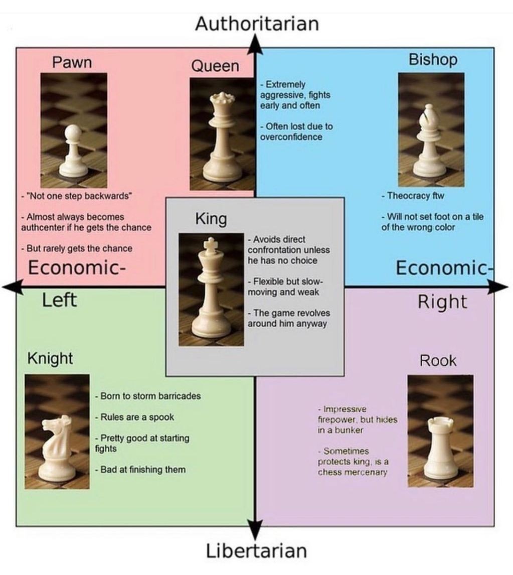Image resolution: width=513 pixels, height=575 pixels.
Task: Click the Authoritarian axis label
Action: [256, 24]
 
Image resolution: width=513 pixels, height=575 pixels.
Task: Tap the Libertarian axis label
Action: [256, 550]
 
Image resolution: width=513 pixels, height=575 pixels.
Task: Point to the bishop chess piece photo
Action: [431, 129]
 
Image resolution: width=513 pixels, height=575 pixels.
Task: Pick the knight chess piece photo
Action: [57, 432]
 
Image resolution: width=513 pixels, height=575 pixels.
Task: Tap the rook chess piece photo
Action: [440, 431]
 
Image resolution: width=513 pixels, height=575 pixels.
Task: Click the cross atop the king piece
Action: [212, 244]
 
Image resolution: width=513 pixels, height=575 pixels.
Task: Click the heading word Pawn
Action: [72, 62]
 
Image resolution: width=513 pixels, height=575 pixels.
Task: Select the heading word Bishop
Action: [433, 59]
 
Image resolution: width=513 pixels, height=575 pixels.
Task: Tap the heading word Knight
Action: [50, 358]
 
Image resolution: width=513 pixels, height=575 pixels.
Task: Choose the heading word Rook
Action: [438, 360]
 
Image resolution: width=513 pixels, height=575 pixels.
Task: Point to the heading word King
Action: [211, 219]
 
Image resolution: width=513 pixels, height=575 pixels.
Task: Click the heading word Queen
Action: [215, 66]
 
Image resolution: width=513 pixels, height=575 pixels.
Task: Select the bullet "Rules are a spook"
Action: [135, 417]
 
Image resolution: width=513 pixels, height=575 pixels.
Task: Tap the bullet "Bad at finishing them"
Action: [140, 470]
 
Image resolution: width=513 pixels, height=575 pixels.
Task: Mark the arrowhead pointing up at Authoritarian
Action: [256, 43]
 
